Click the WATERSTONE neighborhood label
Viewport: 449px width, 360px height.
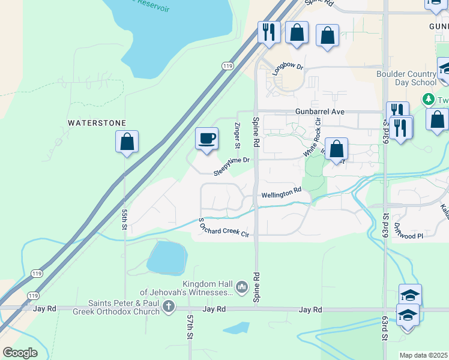pyautogui.click(x=97, y=123)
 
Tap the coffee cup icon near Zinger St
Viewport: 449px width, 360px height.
pyautogui.click(x=206, y=139)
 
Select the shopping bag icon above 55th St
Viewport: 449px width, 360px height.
pyautogui.click(x=127, y=142)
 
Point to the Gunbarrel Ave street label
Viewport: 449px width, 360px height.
pyautogui.click(x=320, y=112)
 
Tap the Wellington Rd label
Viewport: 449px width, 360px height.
pyautogui.click(x=281, y=193)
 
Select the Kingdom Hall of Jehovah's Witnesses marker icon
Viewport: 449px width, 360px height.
pyautogui.click(x=242, y=287)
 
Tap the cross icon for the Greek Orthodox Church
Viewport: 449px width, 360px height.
pyautogui.click(x=169, y=307)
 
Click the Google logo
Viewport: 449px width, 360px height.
pyautogui.click(x=20, y=353)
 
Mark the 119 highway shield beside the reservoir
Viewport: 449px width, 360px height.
pyautogui.click(x=226, y=65)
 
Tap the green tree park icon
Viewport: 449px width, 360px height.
pyautogui.click(x=428, y=98)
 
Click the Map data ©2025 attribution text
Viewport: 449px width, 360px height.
pyautogui.click(x=423, y=355)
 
